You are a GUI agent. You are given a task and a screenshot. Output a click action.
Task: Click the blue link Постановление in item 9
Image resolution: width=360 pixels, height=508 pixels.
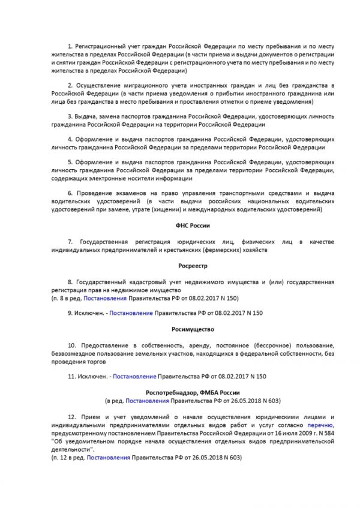click(x=131, y=312)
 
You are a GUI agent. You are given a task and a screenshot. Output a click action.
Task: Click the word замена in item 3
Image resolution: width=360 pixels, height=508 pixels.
click(x=110, y=116)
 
